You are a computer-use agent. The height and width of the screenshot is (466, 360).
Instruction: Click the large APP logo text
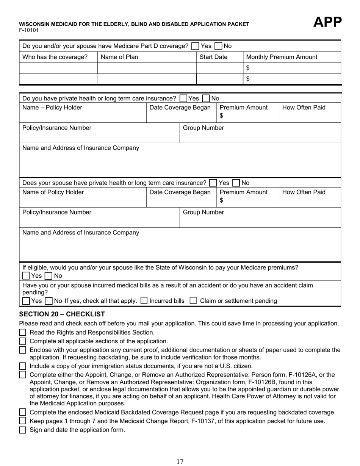point(327,22)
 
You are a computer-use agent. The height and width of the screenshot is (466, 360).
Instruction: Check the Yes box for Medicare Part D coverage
point(195,46)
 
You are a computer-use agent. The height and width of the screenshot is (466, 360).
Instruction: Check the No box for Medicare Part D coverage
point(218,46)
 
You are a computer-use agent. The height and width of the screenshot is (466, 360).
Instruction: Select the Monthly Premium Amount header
point(282,57)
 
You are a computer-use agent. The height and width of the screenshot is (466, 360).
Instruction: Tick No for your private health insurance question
point(206,99)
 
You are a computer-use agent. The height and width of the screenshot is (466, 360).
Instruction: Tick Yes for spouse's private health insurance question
point(213,183)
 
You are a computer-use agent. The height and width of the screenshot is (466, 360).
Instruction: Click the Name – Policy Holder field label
point(52,108)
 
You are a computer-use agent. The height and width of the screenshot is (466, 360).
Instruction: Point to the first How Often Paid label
point(303,108)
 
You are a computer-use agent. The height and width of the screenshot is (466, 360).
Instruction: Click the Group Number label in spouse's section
point(203,213)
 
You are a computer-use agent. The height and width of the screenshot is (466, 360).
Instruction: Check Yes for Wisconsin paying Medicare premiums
point(26,276)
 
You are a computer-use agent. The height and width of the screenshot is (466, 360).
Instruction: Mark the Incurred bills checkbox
point(144,301)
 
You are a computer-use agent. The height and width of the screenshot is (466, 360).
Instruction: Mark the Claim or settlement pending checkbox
point(193,301)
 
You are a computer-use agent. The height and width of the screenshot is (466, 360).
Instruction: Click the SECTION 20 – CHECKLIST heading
point(62,314)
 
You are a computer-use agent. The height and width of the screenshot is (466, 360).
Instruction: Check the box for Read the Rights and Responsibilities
point(23,333)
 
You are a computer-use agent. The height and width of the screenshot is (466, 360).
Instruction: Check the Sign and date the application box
point(23,430)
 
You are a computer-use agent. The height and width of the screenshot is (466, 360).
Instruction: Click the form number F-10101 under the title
point(29,30)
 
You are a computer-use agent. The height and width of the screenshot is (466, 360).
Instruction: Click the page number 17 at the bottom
point(180,461)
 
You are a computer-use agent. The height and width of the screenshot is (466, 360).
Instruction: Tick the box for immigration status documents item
point(23,366)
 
